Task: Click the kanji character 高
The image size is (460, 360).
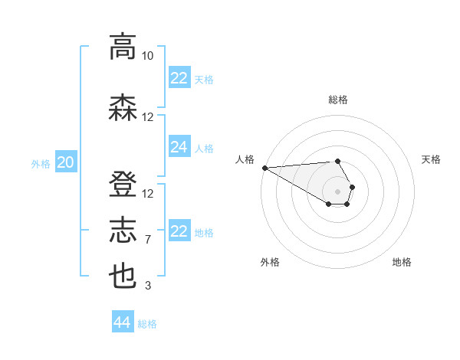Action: point(123,47)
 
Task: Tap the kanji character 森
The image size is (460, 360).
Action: point(123,108)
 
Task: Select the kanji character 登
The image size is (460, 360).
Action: point(123,185)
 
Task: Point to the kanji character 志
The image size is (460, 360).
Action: point(123,231)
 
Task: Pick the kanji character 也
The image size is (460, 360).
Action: point(123,277)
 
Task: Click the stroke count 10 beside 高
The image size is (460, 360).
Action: point(148,56)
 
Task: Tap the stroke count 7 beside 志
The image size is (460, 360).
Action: point(148,240)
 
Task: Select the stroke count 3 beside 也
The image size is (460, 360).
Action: point(148,286)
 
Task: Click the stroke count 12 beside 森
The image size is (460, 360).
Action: point(148,117)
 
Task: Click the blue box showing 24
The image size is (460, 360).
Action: point(179,147)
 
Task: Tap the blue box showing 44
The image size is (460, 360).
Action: point(123,322)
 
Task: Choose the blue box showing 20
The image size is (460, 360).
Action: point(66,162)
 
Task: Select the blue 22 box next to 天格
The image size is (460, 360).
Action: point(179,78)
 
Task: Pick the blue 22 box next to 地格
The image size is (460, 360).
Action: point(179,231)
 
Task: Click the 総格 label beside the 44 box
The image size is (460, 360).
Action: point(147,324)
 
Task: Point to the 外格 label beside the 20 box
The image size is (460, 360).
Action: point(41,163)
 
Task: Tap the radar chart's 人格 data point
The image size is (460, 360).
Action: point(264,168)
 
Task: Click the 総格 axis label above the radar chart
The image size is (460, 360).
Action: point(338,100)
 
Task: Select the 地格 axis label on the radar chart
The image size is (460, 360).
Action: point(402,262)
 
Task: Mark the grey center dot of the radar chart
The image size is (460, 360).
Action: point(338,191)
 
